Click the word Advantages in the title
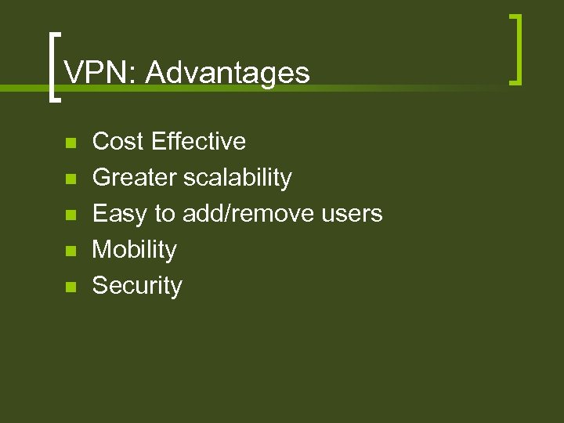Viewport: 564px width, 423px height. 227,73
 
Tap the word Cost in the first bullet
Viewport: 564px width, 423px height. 118,142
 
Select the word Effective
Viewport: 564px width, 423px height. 199,142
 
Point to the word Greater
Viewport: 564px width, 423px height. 135,178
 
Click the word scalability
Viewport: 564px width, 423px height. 237,178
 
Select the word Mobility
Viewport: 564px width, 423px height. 135,250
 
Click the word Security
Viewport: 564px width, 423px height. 137,286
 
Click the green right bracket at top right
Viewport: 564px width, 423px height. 516,49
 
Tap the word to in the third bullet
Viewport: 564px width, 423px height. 164,214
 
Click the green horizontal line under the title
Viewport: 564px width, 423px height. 392,89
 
